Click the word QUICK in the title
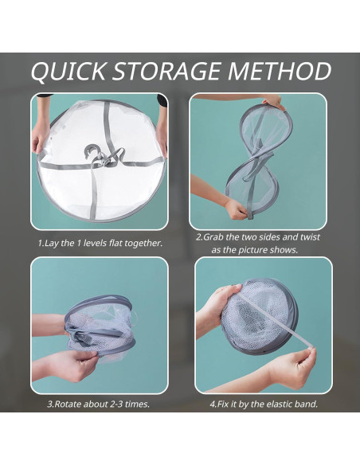click(68, 71)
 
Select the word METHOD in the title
click(279, 71)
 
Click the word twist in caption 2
click(310, 237)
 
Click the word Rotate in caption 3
click(68, 404)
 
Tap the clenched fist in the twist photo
click(236, 209)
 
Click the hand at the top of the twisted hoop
click(274, 101)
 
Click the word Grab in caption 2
click(213, 237)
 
